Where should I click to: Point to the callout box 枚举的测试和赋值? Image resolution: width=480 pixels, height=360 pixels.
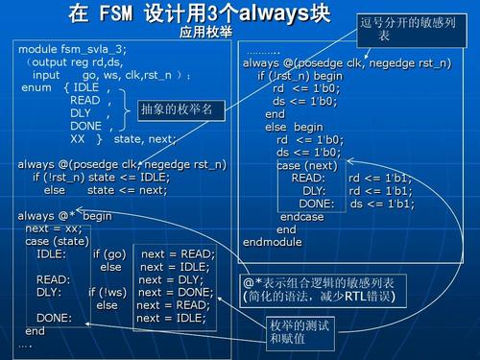coord(298,331)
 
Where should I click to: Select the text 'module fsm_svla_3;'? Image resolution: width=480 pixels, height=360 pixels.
coord(72,48)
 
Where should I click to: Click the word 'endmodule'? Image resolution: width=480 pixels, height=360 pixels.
coord(274,242)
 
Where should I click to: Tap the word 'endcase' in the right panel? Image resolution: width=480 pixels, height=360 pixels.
coord(302,217)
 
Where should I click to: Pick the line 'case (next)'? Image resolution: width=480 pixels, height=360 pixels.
coord(307,164)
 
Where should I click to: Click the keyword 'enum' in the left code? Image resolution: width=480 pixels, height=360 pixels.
coord(38,87)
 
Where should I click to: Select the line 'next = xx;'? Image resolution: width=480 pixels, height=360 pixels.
coord(53,228)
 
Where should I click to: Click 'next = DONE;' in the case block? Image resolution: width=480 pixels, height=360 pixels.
coord(176,292)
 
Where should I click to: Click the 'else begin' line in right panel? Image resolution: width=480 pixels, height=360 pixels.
coord(295,127)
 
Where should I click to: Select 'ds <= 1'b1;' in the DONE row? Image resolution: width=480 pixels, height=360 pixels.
coord(382,204)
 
